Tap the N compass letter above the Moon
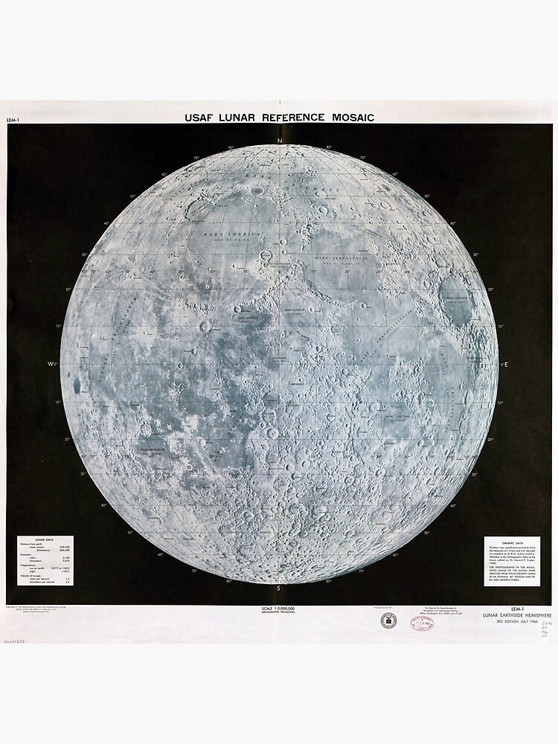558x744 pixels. point(280,141)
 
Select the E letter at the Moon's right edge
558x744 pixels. point(506,365)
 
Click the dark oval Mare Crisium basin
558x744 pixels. point(457,301)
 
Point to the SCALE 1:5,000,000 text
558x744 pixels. point(279,609)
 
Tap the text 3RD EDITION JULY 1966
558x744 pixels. point(518,621)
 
